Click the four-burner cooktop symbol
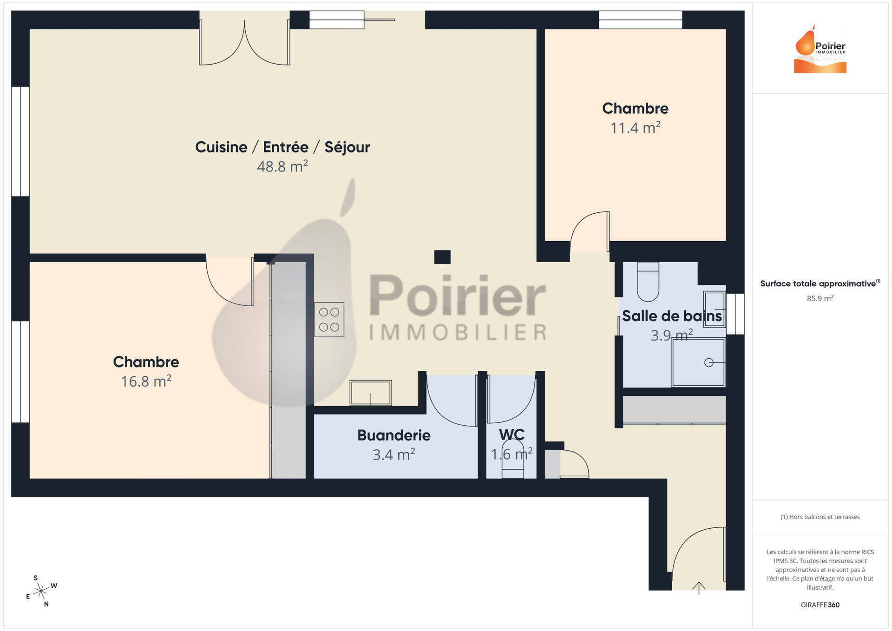click(x=329, y=320)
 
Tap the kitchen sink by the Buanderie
click(x=371, y=393)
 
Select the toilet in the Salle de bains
click(x=648, y=282)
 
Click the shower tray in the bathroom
click(x=698, y=362)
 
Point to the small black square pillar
click(x=442, y=257)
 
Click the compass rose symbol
click(x=41, y=591)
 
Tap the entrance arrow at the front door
click(x=699, y=588)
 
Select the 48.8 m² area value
click(x=282, y=166)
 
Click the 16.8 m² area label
click(x=146, y=381)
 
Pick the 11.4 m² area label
click(x=635, y=127)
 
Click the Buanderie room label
click(x=394, y=435)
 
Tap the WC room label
click(x=512, y=434)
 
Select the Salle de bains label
click(x=672, y=316)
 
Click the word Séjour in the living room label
click(x=347, y=147)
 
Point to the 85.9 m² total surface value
click(x=820, y=298)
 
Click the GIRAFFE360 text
click(x=820, y=605)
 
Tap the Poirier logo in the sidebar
click(x=820, y=49)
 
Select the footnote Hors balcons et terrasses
click(x=820, y=517)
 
